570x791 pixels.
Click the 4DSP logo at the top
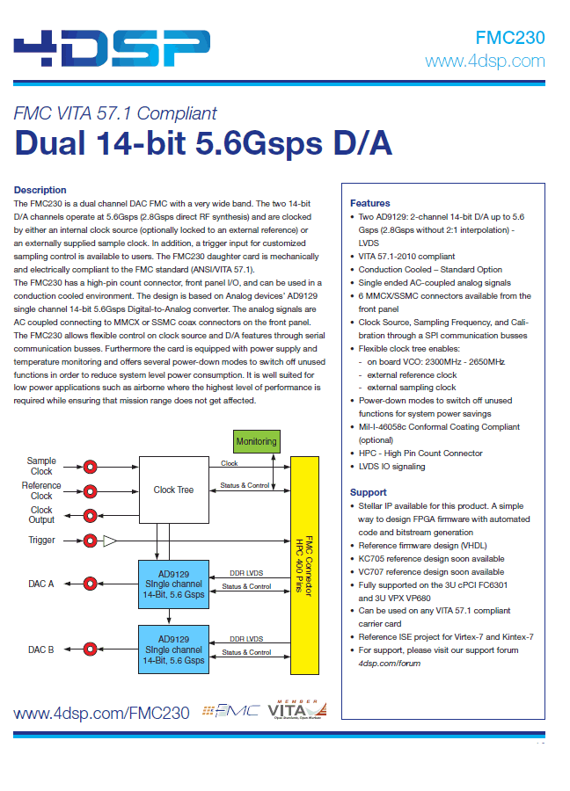coord(112,48)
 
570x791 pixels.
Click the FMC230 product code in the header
coord(510,38)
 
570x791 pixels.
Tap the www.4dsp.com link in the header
coord(485,61)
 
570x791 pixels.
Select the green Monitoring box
coord(257,441)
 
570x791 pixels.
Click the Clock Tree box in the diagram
coord(173,490)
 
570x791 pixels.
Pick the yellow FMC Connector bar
coord(304,565)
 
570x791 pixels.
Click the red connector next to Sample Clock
coord(90,467)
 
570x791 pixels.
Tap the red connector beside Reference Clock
coord(90,490)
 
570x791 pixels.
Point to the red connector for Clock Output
coord(90,516)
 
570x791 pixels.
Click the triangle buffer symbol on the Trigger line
coord(110,541)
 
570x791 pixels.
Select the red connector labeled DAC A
coord(90,584)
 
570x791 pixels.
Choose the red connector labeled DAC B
coord(90,649)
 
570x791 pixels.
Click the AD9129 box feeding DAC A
coord(173,584)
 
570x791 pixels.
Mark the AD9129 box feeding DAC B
coord(173,649)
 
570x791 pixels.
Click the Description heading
coord(40,190)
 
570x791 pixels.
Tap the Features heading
coord(370,203)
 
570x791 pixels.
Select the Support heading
coord(368,492)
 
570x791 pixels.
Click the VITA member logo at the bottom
coord(297,709)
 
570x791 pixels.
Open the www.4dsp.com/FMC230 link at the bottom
coord(101,714)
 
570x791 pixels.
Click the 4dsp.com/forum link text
coord(390,664)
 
